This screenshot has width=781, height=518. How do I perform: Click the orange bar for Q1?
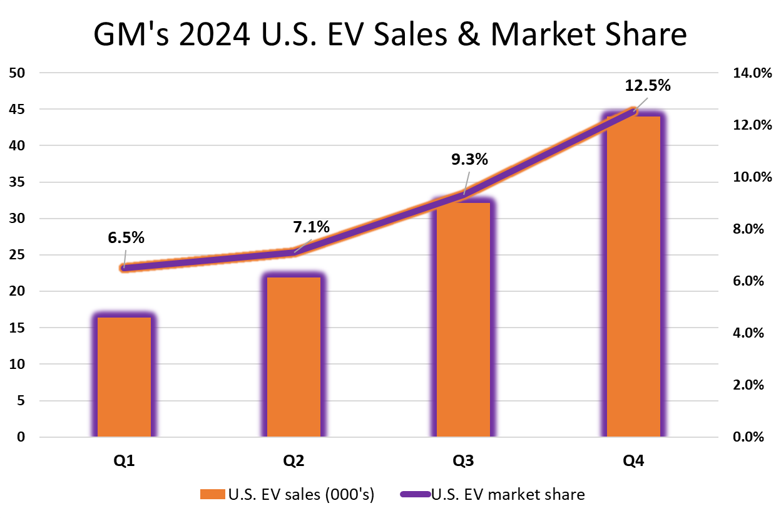pyautogui.click(x=124, y=376)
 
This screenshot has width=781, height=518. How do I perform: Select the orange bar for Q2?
pyautogui.click(x=294, y=357)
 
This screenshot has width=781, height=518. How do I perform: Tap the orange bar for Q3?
pyautogui.click(x=464, y=319)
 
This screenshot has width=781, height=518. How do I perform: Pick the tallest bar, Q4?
pyautogui.click(x=633, y=276)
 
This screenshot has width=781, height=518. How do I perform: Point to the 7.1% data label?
pyautogui.click(x=312, y=227)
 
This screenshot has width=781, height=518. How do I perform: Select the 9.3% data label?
pyautogui.click(x=469, y=160)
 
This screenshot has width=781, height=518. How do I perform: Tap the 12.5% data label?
pyautogui.click(x=647, y=86)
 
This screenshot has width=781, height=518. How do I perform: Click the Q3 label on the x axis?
pyautogui.click(x=464, y=462)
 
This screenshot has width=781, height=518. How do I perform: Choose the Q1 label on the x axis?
pyautogui.click(x=124, y=462)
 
